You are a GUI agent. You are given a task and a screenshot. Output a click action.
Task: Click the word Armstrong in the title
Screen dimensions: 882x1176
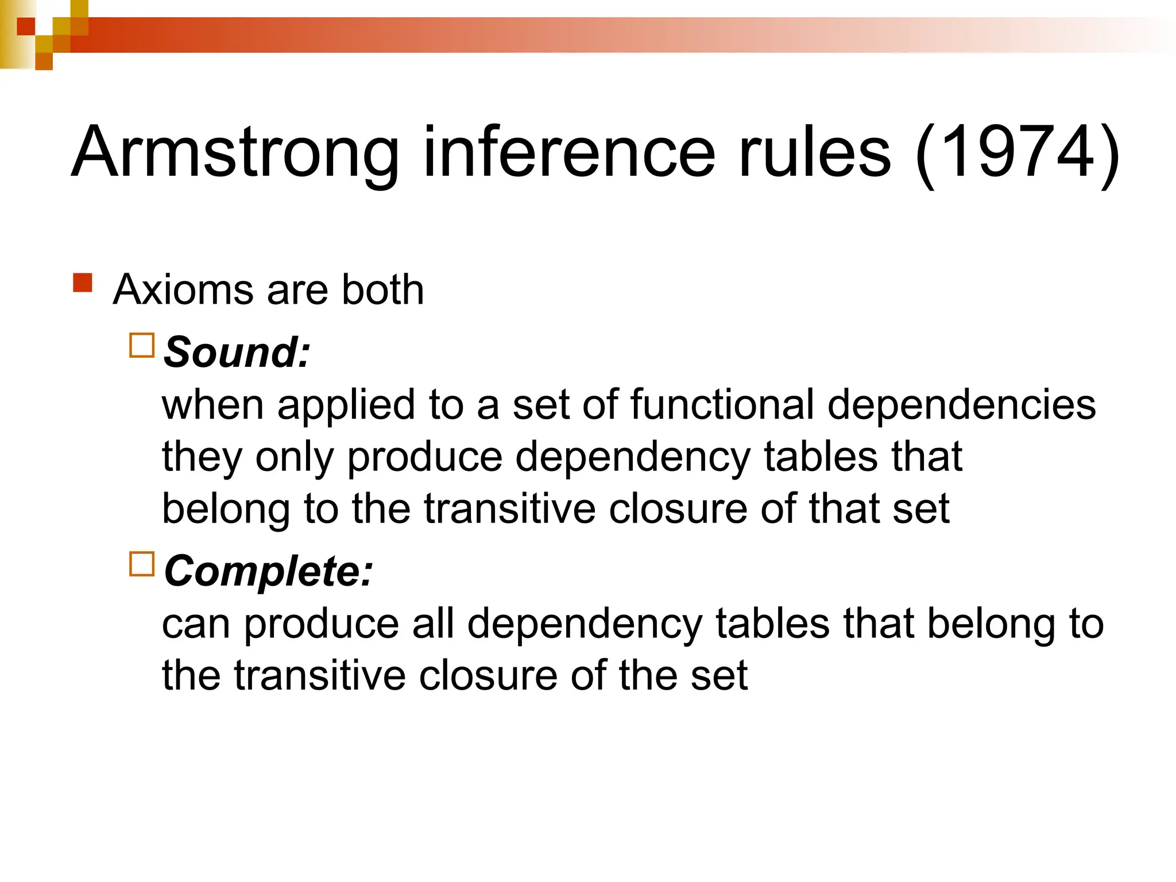[x=235, y=153]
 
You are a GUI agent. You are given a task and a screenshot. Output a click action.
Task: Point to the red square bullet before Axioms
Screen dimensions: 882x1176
[x=83, y=283]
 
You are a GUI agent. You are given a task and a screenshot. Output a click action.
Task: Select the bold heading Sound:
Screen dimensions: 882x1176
[x=237, y=351]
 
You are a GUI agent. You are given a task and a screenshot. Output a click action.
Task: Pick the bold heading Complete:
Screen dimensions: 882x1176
[x=268, y=571]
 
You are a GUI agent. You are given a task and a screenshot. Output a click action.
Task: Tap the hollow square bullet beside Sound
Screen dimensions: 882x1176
[x=142, y=346]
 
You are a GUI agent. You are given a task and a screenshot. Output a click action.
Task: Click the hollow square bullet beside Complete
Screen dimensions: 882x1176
[x=142, y=564]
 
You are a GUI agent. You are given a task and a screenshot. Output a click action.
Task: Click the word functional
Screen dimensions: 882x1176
[x=722, y=404]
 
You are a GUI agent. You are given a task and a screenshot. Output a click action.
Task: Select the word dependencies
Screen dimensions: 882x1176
[x=961, y=404]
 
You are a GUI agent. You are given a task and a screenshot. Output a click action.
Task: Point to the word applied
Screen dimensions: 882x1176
[x=346, y=404]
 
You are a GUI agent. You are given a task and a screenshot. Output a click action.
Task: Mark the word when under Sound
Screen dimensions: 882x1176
[x=212, y=404]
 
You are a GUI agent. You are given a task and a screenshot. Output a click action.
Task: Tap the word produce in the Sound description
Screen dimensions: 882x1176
[x=424, y=457]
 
